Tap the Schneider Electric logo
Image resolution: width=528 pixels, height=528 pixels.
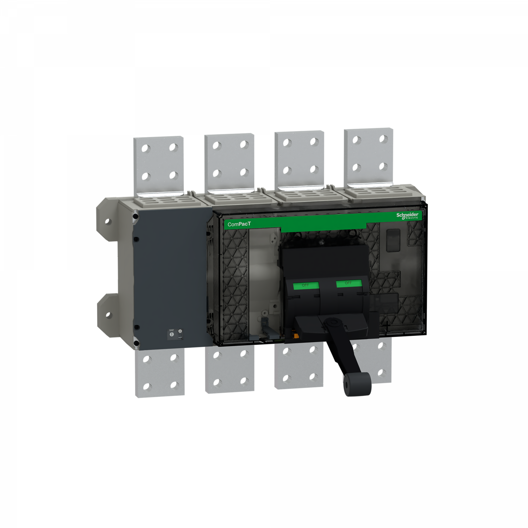coord(407,216)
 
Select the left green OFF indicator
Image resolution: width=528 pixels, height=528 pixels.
coord(306,285)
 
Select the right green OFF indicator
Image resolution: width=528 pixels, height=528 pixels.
coord(348,283)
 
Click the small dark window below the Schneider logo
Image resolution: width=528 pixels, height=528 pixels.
coord(393,240)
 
